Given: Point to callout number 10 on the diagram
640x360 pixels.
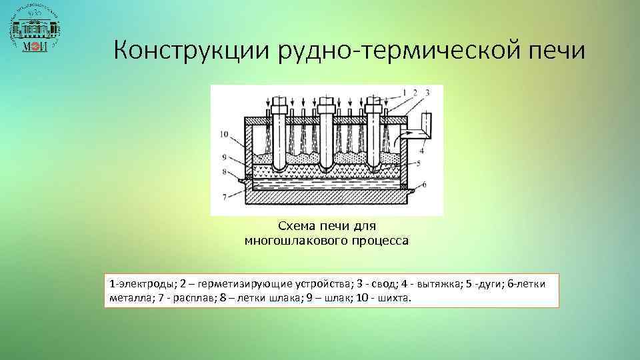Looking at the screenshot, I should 223,134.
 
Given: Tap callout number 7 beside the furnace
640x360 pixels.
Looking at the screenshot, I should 224,195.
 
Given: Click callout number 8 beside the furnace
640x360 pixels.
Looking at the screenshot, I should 224,171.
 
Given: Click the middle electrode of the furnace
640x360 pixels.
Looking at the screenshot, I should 326,133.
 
